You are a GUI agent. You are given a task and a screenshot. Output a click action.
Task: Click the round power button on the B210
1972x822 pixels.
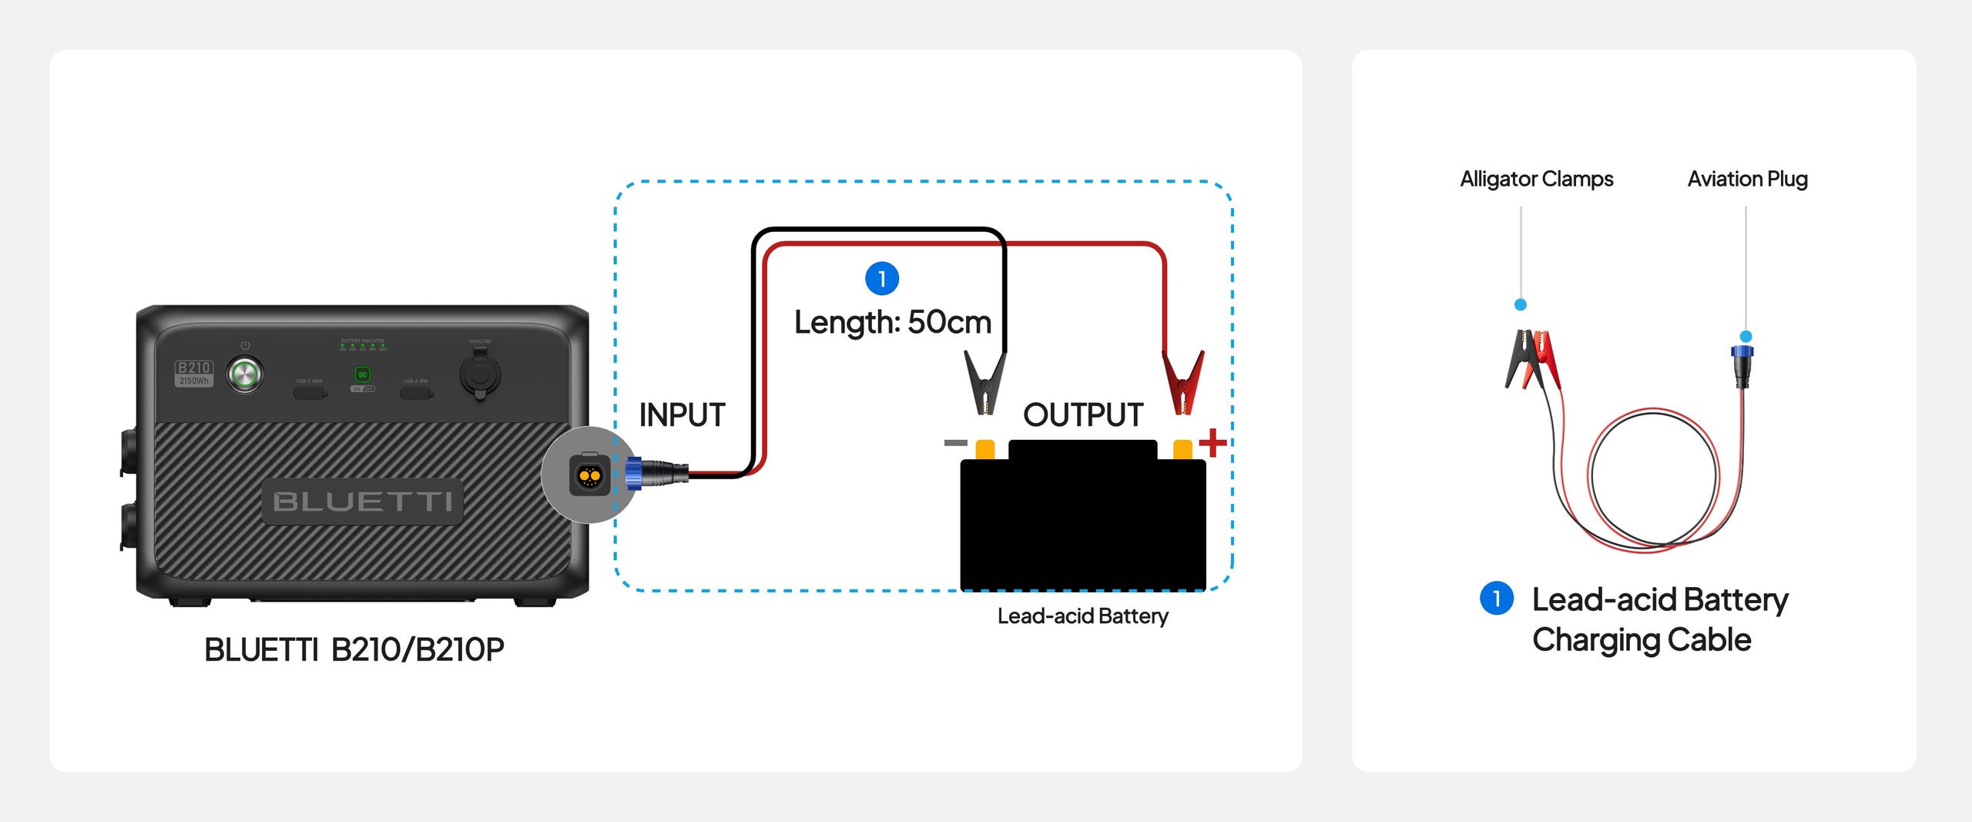245,375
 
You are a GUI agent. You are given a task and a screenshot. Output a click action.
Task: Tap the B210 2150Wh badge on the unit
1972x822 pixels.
194,374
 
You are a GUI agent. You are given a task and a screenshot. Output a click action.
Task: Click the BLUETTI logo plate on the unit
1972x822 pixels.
362,502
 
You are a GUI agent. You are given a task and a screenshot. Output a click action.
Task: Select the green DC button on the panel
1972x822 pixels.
363,375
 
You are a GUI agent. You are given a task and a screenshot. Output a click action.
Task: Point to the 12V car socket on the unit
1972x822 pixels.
480,375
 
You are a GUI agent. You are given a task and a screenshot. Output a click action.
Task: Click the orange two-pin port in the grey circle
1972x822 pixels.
589,476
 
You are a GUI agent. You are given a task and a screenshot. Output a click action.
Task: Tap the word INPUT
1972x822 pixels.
682,415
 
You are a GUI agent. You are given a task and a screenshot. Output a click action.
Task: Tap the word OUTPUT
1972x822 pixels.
1082,415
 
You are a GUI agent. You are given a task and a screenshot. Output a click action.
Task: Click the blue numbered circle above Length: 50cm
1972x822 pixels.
882,279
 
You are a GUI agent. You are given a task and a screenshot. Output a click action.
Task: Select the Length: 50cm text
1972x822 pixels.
893,322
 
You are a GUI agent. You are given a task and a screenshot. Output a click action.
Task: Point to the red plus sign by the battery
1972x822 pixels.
1212,443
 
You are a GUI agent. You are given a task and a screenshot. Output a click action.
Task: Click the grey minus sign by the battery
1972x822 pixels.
955,443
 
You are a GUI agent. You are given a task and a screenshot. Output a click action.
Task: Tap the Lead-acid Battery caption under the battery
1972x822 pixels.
1082,616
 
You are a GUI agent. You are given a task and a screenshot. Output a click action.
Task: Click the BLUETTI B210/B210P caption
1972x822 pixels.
354,649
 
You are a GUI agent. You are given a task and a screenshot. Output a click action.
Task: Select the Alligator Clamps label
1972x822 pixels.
1536,179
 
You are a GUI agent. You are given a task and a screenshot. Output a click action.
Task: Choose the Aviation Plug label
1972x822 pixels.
1747,179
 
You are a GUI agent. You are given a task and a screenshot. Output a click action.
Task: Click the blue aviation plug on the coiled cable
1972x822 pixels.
1742,365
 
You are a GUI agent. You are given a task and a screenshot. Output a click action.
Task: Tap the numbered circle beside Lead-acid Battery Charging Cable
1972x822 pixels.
1497,599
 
